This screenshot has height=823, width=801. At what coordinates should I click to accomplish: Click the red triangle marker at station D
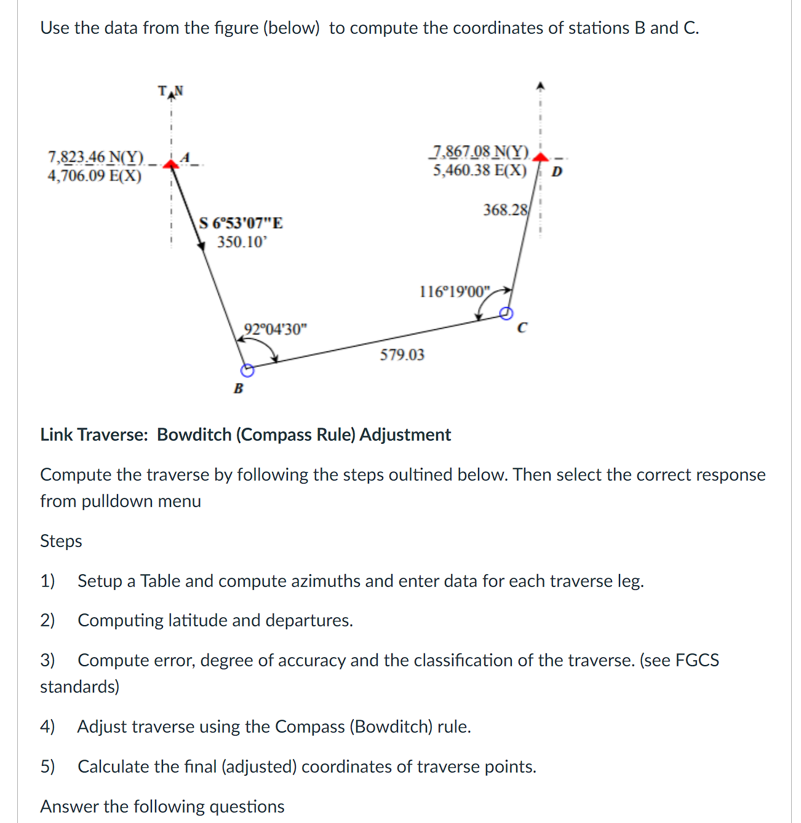click(x=540, y=157)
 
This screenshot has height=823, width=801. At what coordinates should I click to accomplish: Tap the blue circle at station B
click(x=247, y=370)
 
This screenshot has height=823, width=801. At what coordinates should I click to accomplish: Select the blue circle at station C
click(x=506, y=313)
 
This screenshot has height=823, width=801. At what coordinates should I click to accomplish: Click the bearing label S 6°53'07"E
click(x=241, y=223)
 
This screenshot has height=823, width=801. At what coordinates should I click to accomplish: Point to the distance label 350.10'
click(x=242, y=242)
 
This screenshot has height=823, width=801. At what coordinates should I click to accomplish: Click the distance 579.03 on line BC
click(x=402, y=355)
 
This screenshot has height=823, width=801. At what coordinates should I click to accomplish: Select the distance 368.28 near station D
click(x=505, y=210)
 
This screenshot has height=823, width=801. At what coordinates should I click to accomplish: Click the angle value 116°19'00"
click(x=455, y=291)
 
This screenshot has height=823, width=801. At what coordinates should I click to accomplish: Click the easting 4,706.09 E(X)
click(x=94, y=176)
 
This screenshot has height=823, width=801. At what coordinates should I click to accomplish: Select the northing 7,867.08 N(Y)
click(x=480, y=151)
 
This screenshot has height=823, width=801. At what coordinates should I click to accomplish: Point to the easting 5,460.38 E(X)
click(x=480, y=170)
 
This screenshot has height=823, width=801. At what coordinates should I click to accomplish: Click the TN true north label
click(x=170, y=92)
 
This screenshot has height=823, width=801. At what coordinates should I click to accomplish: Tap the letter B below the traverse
click(x=239, y=388)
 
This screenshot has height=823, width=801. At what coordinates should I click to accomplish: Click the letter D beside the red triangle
click(x=557, y=171)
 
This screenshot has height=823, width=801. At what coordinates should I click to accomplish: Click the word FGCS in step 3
click(x=697, y=660)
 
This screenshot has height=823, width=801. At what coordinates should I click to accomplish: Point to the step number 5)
click(x=47, y=766)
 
